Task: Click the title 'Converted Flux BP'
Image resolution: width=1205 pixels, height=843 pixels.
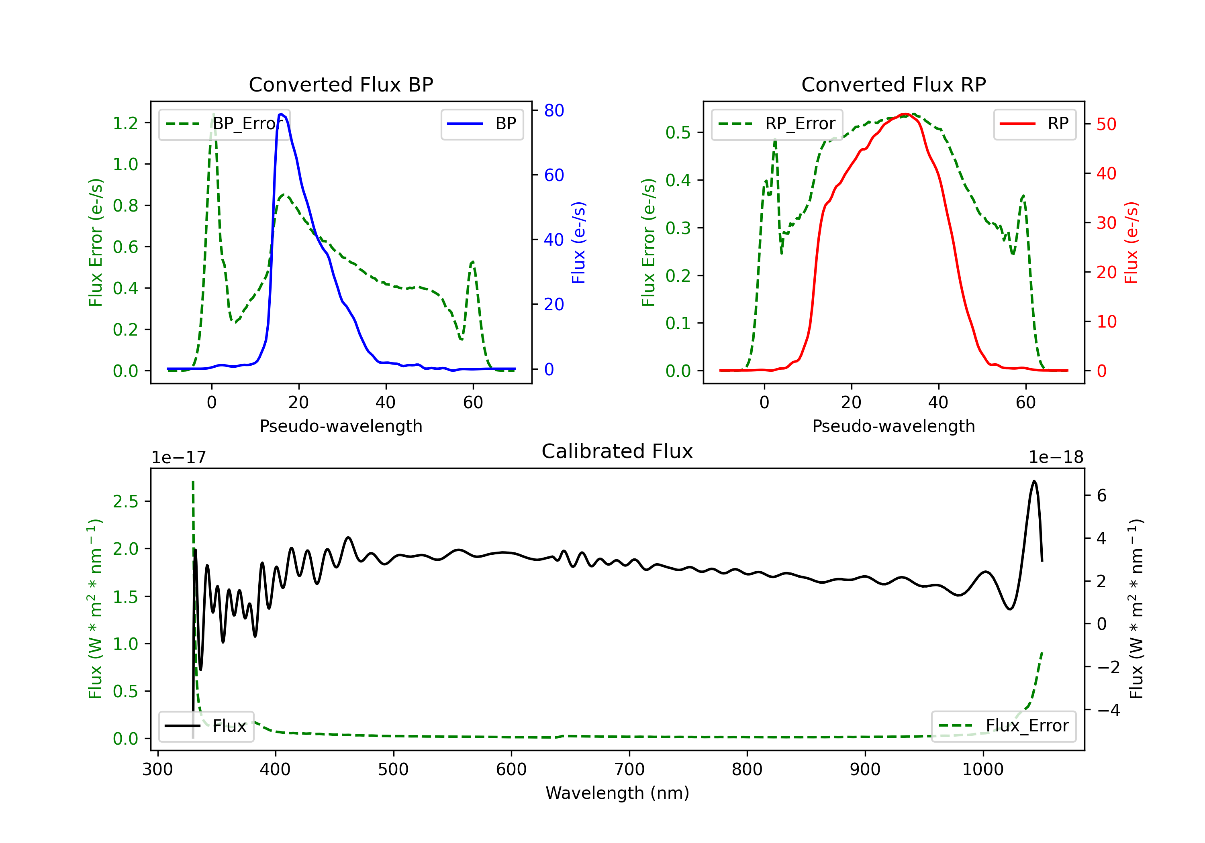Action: click(341, 84)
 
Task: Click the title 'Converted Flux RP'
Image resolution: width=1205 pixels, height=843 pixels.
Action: click(893, 84)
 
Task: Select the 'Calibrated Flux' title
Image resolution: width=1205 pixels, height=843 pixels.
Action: click(617, 451)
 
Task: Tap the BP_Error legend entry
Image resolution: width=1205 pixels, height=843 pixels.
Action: click(225, 124)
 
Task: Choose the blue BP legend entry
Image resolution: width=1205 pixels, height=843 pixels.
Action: click(482, 124)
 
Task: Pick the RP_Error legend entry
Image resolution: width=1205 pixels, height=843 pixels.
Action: click(777, 124)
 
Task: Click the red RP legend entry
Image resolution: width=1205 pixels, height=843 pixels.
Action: click(1034, 124)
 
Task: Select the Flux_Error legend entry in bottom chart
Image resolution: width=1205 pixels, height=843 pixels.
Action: click(1003, 726)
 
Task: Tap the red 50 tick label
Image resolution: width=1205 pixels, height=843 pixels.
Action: click(1106, 124)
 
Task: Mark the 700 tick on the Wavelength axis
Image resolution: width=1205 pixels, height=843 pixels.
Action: click(629, 770)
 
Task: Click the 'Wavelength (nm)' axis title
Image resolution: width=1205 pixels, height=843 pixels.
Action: click(617, 793)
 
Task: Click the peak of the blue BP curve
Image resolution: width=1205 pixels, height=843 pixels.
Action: click(282, 114)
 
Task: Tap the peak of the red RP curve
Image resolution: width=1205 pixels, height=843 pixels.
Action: click(905, 114)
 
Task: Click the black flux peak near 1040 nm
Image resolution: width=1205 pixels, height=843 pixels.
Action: click(1033, 481)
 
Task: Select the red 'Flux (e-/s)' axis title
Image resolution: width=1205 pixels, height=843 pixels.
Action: click(1131, 243)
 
